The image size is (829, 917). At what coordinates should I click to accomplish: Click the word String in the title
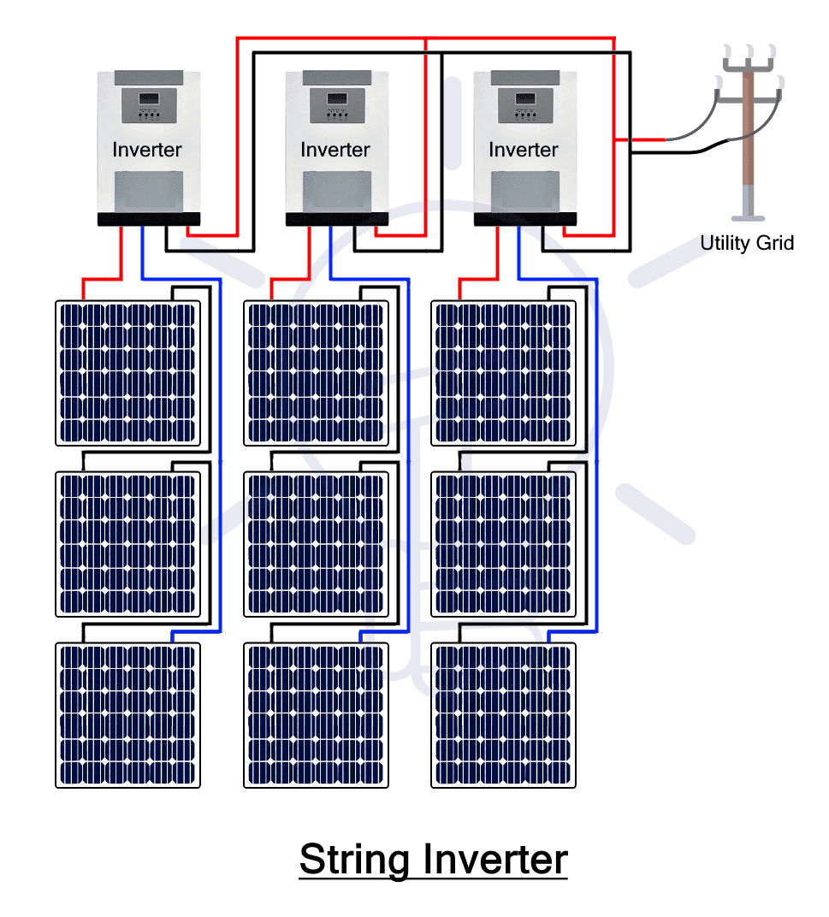(354, 861)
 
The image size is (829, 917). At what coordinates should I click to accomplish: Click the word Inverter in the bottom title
(495, 860)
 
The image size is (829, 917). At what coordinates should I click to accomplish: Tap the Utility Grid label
(747, 243)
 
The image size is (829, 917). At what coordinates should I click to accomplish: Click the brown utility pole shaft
(748, 127)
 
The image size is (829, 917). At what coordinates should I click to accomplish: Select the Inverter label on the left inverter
(147, 150)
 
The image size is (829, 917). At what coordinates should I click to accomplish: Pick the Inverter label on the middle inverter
(335, 150)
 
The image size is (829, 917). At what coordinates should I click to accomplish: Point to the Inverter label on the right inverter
(524, 150)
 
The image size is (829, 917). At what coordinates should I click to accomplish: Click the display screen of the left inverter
(149, 98)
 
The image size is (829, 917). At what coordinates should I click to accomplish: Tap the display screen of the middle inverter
(337, 98)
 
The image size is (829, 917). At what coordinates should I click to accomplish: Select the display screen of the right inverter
(525, 98)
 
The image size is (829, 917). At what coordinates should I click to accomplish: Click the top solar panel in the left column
(127, 373)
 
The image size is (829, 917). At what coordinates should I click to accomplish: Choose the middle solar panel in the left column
(127, 544)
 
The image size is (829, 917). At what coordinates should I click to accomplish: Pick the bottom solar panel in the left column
(127, 715)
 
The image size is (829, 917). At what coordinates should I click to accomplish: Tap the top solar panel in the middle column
(316, 373)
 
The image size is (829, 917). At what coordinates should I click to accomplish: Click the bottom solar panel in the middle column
(316, 715)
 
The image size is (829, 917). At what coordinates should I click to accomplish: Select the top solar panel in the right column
(503, 373)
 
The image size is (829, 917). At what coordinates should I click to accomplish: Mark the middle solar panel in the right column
(503, 544)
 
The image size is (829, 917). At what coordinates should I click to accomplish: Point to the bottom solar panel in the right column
(503, 715)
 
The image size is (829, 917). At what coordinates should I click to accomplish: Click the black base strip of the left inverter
(149, 219)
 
